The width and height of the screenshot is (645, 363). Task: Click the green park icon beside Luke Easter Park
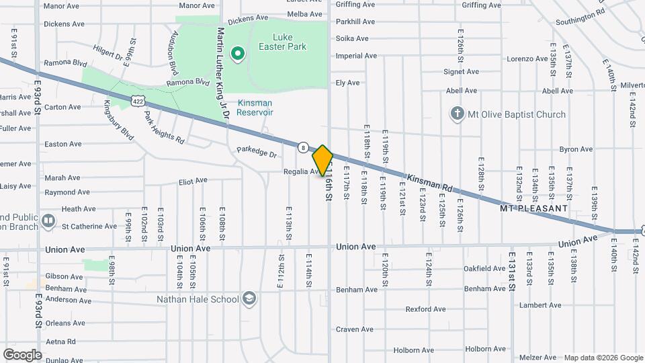236,52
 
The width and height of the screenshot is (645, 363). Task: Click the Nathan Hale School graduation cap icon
249,298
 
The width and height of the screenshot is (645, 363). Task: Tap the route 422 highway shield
137,100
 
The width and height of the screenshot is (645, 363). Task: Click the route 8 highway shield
304,147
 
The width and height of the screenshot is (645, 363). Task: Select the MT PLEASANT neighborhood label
534,208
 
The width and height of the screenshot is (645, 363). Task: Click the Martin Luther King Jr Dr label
223,74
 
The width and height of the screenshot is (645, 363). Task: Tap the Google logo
21,354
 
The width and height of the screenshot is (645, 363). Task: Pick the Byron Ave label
576,149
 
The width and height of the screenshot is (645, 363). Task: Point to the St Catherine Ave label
89,227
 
